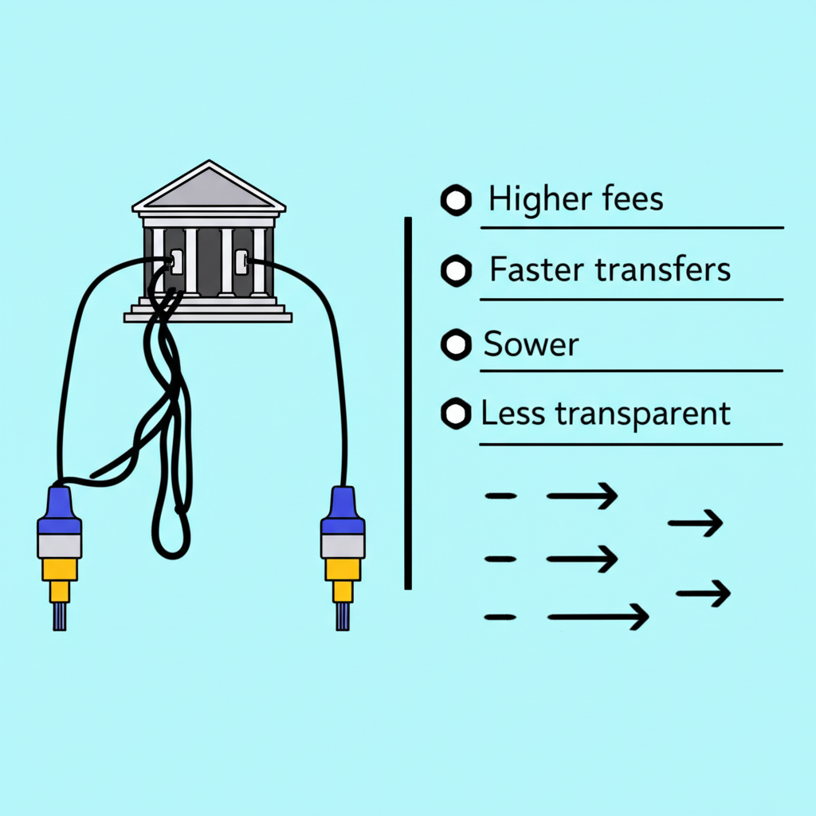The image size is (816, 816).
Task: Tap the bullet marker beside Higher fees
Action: [456, 201]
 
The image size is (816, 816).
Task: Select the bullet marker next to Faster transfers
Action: [456, 271]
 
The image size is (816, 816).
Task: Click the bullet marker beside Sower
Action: [456, 345]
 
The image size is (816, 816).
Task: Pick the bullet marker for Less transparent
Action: [456, 414]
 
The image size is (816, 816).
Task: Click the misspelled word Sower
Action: [531, 345]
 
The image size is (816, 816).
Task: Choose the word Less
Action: [512, 414]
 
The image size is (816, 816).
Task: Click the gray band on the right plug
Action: [343, 545]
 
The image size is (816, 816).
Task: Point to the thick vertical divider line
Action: [408, 402]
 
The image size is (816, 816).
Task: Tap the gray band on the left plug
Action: [60, 545]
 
